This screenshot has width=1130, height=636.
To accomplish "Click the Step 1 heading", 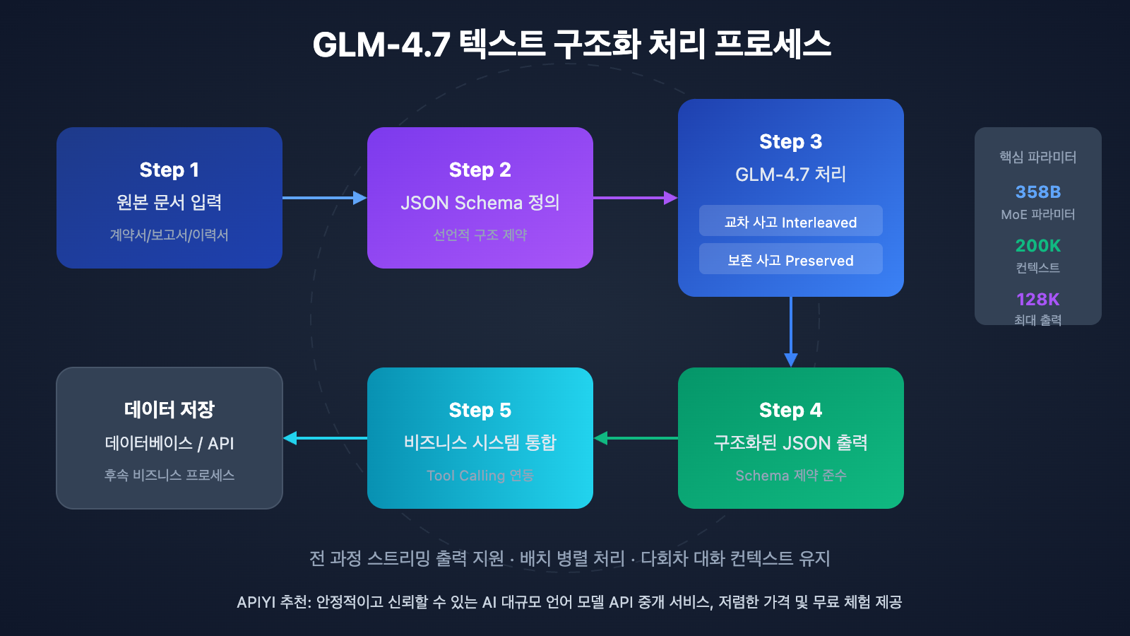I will pyautogui.click(x=169, y=170).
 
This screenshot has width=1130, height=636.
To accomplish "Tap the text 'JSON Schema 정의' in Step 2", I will pyautogui.click(x=480, y=203).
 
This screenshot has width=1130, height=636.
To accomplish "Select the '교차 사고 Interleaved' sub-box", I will pyautogui.click(x=790, y=221).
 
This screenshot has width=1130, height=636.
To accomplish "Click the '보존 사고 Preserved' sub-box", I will pyautogui.click(x=790, y=259).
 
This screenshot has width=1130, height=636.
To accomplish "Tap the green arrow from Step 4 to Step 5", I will pyautogui.click(x=635, y=438).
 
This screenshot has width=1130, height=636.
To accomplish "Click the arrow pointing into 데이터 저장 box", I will pyautogui.click(x=324, y=438).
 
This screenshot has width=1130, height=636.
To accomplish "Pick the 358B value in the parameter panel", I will pyautogui.click(x=1037, y=192).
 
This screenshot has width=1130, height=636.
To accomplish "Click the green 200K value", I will pyautogui.click(x=1037, y=245).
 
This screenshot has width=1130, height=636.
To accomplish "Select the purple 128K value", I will pyautogui.click(x=1037, y=299).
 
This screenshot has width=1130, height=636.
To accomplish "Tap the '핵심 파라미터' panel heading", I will pyautogui.click(x=1037, y=157).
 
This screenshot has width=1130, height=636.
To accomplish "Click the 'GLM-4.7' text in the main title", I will pyautogui.click(x=381, y=45).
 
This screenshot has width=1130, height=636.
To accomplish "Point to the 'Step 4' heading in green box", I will pyautogui.click(x=790, y=410).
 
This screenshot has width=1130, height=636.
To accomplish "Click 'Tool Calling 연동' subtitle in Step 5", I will pyautogui.click(x=480, y=476).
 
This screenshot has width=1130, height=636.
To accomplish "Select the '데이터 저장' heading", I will pyautogui.click(x=169, y=409).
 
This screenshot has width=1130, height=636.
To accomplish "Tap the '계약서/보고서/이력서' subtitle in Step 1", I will pyautogui.click(x=169, y=235).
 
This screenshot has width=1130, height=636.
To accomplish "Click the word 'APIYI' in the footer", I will pyautogui.click(x=256, y=602).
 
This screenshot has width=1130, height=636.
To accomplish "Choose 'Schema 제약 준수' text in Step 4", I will pyautogui.click(x=790, y=476).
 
